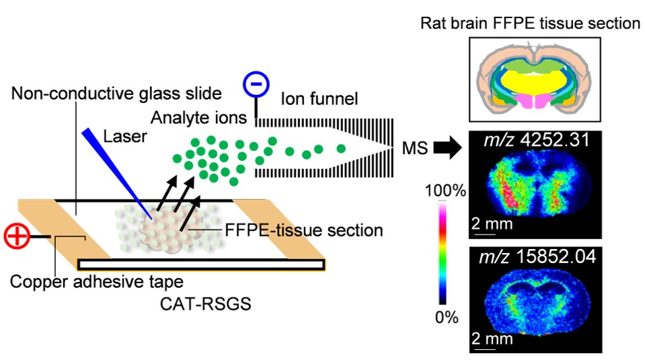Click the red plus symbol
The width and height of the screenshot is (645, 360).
tap(16, 237)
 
